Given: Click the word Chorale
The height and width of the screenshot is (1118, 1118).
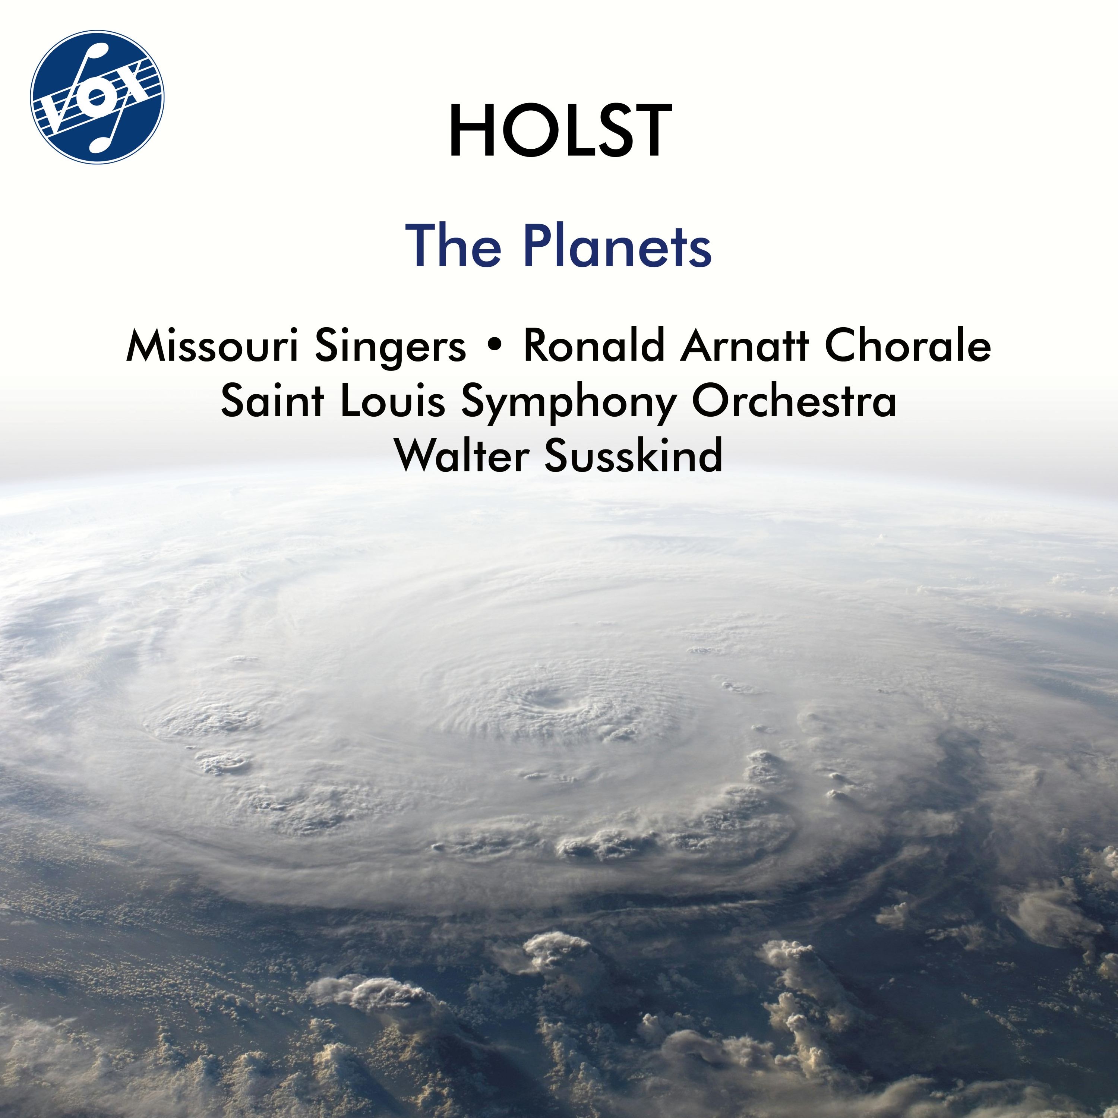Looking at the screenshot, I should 907,347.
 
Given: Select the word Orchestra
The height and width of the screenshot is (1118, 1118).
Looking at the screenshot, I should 794,402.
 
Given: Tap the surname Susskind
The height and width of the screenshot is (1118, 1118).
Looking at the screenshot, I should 634,456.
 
